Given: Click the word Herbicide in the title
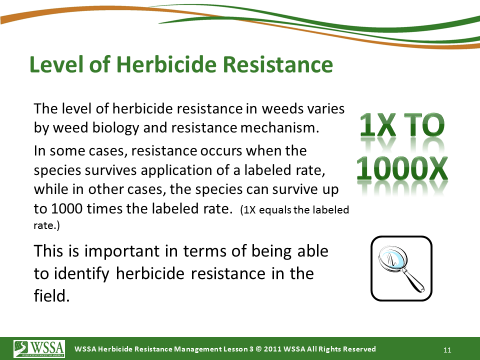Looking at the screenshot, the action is point(167,64).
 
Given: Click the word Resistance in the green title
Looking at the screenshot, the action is point(277,64).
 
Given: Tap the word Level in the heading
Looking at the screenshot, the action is point(56,64).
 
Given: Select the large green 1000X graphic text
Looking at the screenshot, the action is point(402,168).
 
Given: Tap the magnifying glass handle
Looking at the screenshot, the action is point(413,280).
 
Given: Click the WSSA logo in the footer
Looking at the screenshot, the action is point(39,348).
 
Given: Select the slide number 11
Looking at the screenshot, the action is point(447,350).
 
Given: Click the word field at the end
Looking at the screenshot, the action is point(51,295).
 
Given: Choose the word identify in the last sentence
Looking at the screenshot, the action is point(81,274).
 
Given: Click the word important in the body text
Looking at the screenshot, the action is point(122,251).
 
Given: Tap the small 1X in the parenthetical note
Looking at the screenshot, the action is point(250,210).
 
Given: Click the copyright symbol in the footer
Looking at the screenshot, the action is point(258,349).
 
